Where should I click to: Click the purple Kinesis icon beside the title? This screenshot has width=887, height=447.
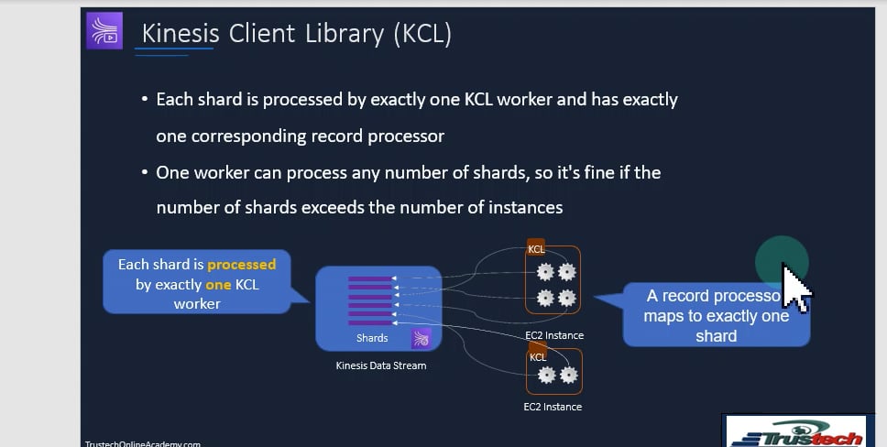point(104,31)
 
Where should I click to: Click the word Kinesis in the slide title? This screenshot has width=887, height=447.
point(180,34)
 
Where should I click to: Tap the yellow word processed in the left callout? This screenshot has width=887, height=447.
point(241,265)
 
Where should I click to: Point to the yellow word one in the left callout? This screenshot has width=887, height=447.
point(218,285)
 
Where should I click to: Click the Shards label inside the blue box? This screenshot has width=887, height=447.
point(372,338)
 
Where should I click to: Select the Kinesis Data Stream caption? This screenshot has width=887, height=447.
point(380,365)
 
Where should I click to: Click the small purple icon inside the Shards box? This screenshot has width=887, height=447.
point(421,339)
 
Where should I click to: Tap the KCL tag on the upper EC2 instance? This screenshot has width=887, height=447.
point(536,249)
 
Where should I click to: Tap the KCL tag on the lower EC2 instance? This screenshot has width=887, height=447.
point(538,356)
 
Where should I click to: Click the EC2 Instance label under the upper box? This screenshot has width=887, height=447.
point(554,335)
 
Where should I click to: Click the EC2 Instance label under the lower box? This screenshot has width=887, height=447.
point(553,407)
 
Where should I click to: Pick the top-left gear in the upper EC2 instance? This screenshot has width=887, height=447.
point(546,271)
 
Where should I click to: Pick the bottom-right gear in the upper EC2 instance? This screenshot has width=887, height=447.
point(567,298)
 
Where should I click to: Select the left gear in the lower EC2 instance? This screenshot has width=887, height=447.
point(547,375)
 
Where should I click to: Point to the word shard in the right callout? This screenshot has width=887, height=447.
point(716,336)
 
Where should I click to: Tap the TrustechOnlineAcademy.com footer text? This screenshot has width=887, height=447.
point(142,443)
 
